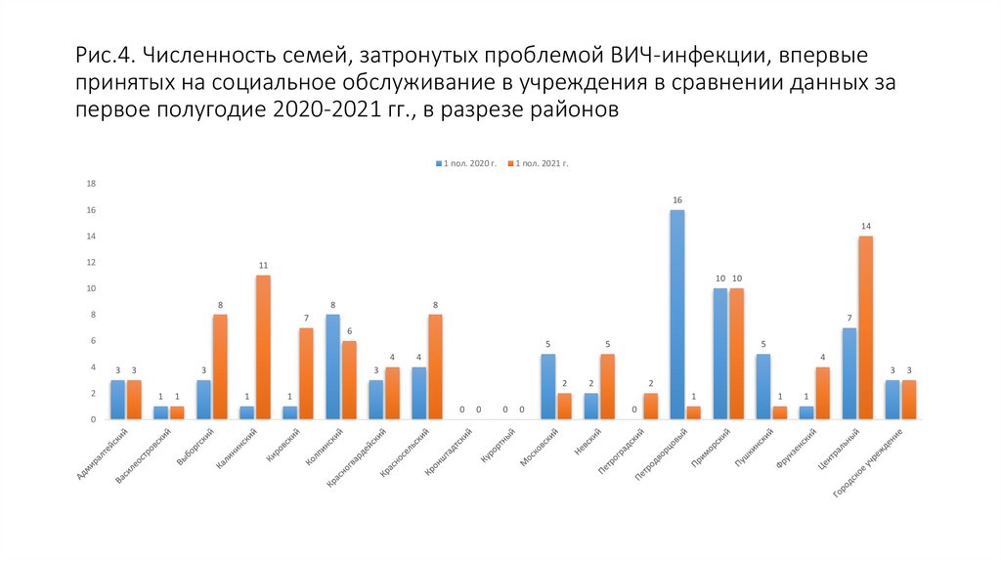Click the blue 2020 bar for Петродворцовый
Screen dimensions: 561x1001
[677, 315]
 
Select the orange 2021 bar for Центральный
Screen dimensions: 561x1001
[865, 327]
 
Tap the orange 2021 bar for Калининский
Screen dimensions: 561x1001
[262, 347]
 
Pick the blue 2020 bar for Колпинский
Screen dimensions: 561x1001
[332, 367]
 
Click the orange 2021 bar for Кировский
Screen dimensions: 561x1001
[305, 373]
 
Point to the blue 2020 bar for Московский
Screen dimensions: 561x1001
[548, 386]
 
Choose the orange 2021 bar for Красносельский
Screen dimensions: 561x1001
[434, 367]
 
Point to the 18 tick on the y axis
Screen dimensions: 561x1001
[91, 184]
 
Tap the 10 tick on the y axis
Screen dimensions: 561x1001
[91, 288]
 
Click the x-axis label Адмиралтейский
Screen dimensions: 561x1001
[102, 453]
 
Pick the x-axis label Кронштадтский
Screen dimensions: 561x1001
[448, 452]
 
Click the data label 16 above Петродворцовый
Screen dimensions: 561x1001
[677, 200]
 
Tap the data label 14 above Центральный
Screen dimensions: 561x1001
[865, 227]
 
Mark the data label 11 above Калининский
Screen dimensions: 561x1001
[262, 266]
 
